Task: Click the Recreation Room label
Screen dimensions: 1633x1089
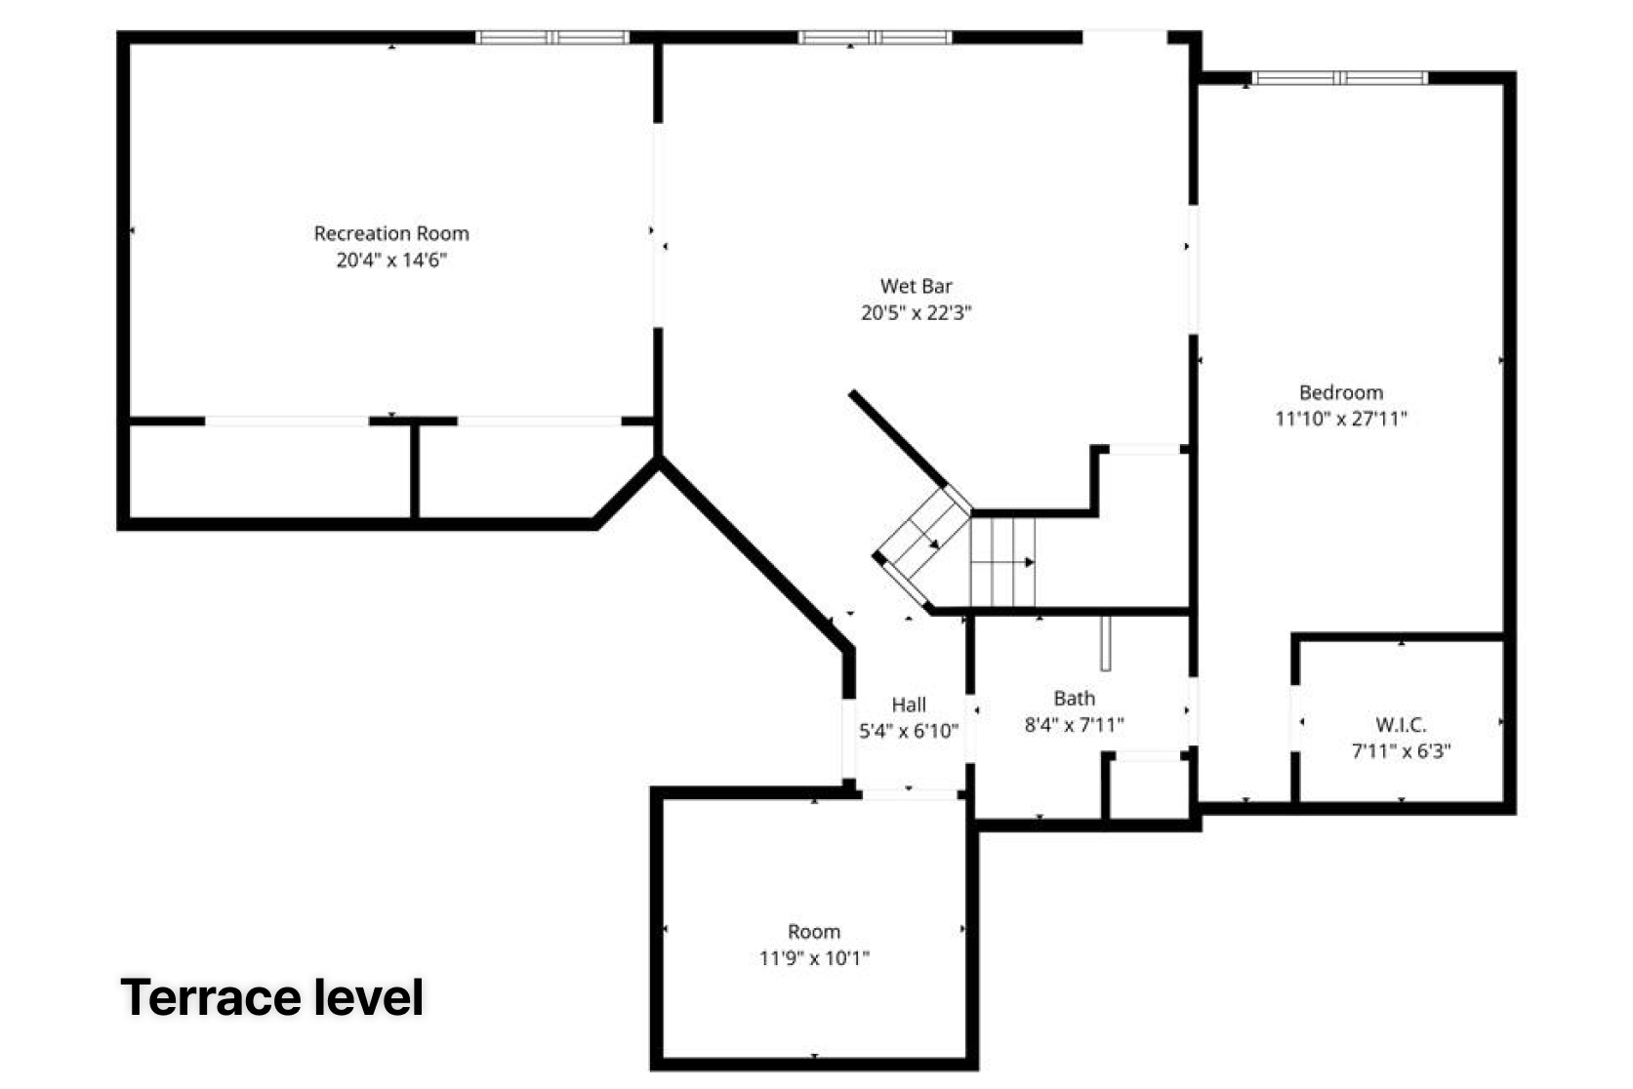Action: pos(391,233)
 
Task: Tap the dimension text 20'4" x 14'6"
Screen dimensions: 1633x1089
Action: pos(391,261)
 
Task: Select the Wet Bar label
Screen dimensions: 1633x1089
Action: pos(916,286)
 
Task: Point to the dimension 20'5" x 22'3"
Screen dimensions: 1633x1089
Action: pos(917,312)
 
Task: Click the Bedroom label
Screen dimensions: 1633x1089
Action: pos(1341,392)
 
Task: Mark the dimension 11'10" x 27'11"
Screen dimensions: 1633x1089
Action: pos(1341,420)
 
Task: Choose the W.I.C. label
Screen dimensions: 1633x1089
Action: pos(1401,725)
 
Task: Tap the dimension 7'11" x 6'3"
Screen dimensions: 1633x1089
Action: pos(1401,750)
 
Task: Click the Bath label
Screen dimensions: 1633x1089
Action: pos(1075,699)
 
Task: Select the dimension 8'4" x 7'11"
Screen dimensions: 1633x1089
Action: pos(1075,725)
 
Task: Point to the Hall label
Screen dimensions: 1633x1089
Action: pos(909,705)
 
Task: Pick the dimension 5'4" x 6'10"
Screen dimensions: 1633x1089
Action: pos(909,730)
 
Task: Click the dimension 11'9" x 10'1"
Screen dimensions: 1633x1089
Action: pos(814,958)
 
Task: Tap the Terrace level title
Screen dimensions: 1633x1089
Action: pos(272,997)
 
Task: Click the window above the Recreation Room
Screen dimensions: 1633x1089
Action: pos(552,37)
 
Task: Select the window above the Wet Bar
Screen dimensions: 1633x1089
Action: pos(875,37)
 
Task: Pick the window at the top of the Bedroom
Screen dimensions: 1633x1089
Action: pos(1340,78)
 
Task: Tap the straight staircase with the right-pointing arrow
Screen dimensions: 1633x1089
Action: pos(1002,561)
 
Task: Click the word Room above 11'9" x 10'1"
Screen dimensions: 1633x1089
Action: pos(814,932)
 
